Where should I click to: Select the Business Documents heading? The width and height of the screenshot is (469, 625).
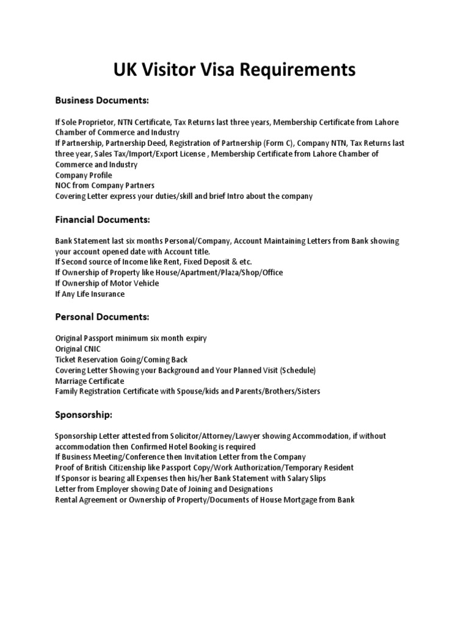pyautogui.click(x=102, y=100)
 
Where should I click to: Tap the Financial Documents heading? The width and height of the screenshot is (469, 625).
pyautogui.click(x=102, y=219)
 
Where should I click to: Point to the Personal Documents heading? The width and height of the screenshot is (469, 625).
pyautogui.click(x=102, y=317)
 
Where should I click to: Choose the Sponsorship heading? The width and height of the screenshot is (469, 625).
pyautogui.click(x=84, y=415)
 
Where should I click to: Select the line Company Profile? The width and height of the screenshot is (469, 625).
pyautogui.click(x=84, y=175)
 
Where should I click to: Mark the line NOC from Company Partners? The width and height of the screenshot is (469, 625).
pyautogui.click(x=104, y=186)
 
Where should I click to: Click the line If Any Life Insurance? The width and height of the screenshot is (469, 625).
pyautogui.click(x=90, y=294)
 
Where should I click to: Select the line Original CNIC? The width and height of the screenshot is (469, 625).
pyautogui.click(x=78, y=349)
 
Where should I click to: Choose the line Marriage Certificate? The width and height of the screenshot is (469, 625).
pyautogui.click(x=89, y=380)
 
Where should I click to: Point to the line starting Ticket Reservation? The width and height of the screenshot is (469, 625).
pyautogui.click(x=122, y=359)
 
